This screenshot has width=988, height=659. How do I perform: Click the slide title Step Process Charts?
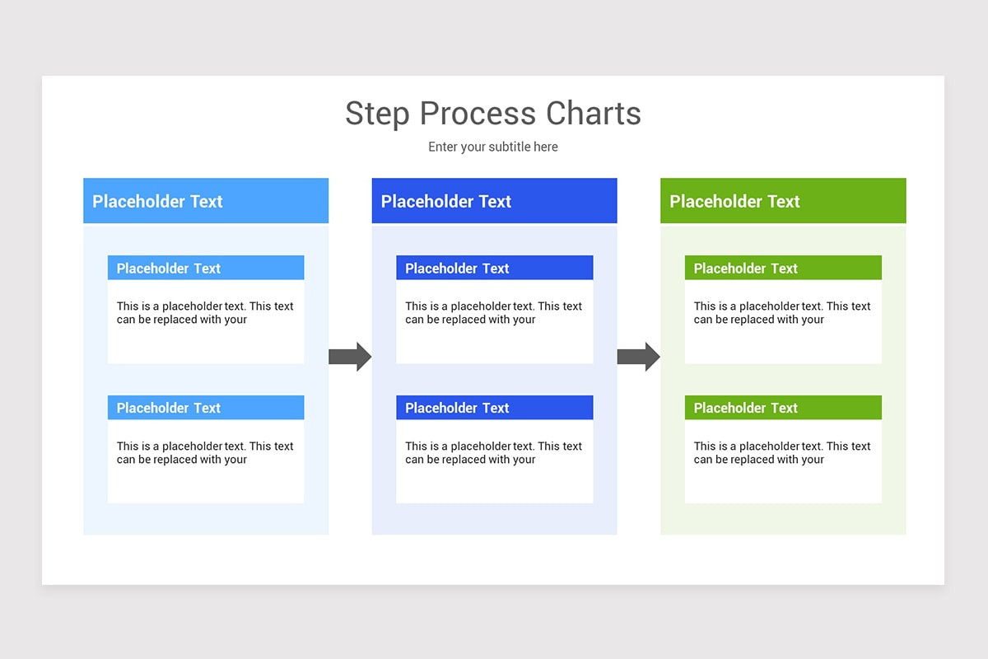point(492,114)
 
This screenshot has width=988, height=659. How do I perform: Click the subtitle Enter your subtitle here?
point(492,147)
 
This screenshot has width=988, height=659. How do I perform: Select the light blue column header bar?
point(206,201)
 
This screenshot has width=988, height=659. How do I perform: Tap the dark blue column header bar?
point(494,201)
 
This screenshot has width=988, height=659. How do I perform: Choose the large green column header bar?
point(783,201)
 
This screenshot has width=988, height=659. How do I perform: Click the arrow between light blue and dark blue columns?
point(350,356)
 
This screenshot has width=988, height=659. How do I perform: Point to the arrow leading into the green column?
point(638,356)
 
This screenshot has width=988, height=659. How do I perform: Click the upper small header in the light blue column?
point(206,268)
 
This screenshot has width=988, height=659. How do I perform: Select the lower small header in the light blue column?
point(206,408)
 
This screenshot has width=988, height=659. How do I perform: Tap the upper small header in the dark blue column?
point(494,268)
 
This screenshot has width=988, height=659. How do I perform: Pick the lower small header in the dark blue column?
point(494,408)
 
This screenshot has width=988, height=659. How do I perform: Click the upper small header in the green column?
point(783,268)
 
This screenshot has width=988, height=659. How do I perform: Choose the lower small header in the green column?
point(783,408)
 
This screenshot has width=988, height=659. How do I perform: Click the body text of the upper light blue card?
point(205,313)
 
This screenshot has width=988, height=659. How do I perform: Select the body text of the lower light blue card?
point(205,453)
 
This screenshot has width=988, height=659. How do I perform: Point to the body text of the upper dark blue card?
point(493,313)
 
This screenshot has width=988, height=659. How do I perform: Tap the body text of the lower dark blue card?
point(493,453)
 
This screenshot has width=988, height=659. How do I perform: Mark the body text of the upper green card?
point(782,313)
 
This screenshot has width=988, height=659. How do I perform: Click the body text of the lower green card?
point(782,453)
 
